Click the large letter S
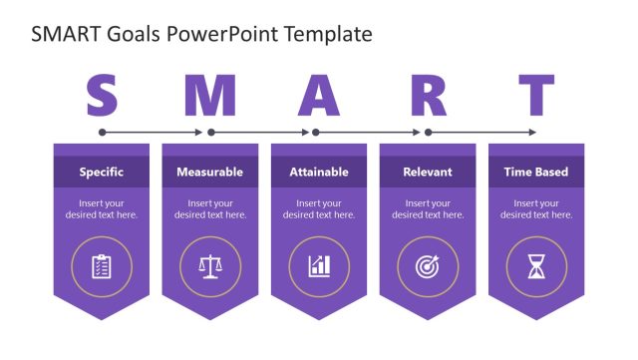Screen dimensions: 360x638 tap(102, 97)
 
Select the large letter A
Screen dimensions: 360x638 tap(319, 97)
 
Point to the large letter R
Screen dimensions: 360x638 tap(428, 97)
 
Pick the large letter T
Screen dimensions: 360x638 tap(536, 97)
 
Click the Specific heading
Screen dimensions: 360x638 tap(102, 172)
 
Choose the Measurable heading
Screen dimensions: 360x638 tap(209, 172)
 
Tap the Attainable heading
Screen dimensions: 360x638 tap(319, 172)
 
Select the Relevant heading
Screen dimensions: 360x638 tap(428, 172)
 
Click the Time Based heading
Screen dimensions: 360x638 tap(536, 172)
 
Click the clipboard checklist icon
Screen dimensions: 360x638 tap(102, 266)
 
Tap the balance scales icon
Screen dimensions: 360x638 tap(209, 266)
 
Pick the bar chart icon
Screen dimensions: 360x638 tap(319, 266)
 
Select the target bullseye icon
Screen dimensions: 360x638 tap(428, 266)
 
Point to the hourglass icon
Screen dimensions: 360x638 tap(536, 266)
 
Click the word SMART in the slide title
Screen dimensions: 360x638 tap(62, 35)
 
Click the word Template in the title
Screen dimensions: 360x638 tap(328, 35)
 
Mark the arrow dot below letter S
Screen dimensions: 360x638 tap(102, 132)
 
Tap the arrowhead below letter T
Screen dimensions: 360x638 tap(533, 132)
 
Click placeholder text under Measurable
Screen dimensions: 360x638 tap(209, 208)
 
